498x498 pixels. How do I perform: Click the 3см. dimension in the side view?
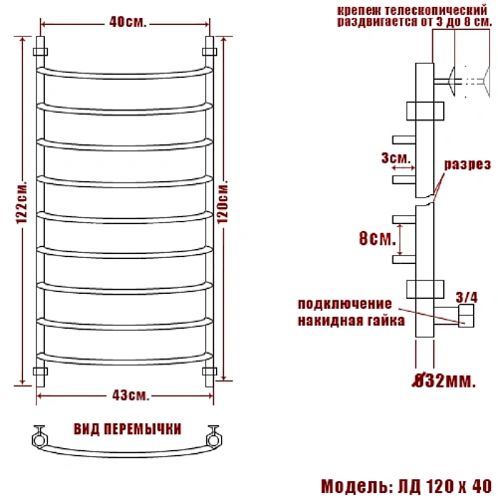(x=392, y=158)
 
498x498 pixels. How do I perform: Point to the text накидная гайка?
(x=351, y=321)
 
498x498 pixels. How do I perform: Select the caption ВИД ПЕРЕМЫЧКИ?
(x=127, y=429)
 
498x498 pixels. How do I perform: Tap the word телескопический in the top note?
(x=439, y=8)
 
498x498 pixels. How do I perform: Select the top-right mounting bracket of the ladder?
(x=209, y=49)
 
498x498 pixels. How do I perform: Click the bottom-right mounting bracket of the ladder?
(x=209, y=372)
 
